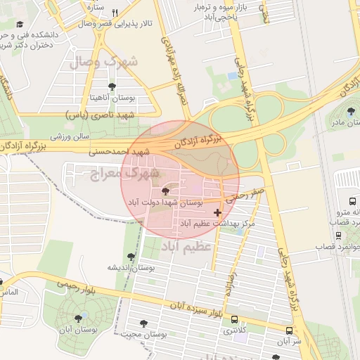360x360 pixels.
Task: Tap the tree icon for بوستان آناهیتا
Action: pos(112,86)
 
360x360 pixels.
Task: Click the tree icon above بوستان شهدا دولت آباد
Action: pos(166,191)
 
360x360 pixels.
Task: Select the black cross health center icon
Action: pos(217,212)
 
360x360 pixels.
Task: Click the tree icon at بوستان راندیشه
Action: pos(131,257)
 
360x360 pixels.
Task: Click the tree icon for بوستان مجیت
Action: pos(144,323)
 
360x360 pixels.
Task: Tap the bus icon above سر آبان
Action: pos(290,330)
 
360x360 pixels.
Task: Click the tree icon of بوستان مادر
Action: pos(352,111)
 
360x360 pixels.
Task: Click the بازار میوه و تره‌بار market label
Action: pos(221,10)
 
